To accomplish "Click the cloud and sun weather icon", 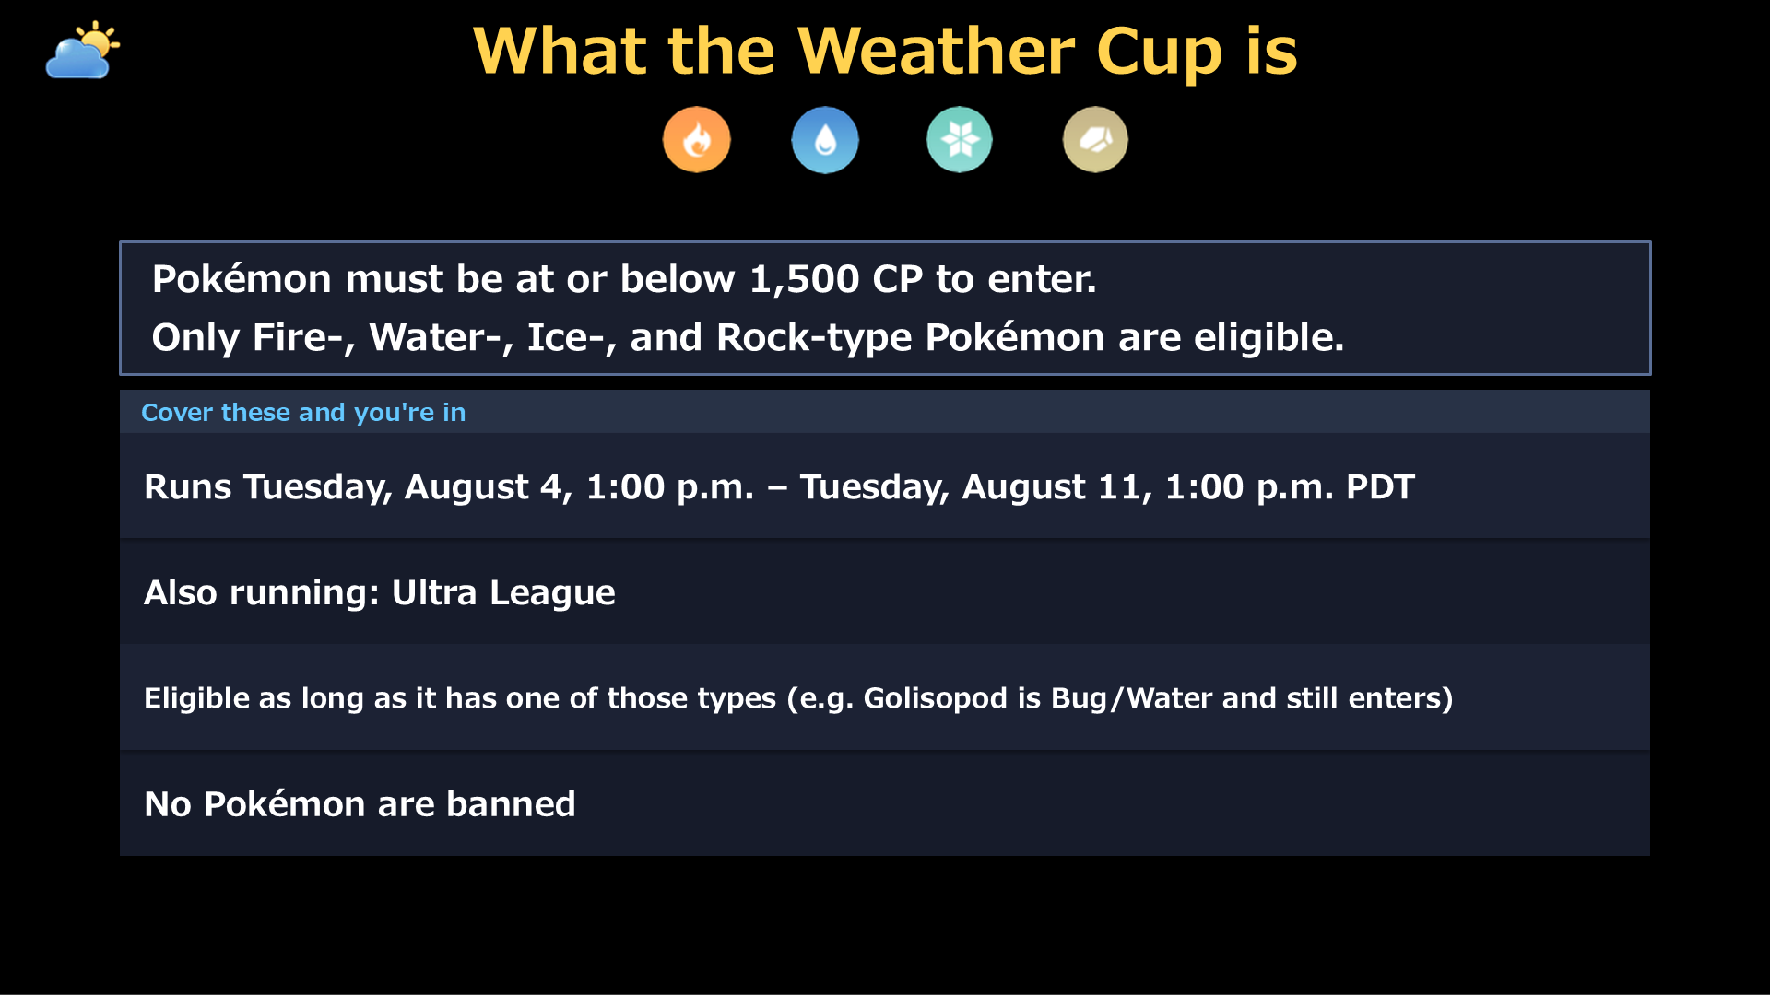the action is click(x=83, y=50).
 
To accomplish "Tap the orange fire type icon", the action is click(x=697, y=140).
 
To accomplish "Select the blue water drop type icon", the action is click(x=825, y=140).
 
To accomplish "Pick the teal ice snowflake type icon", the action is click(x=960, y=140).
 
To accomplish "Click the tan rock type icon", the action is click(x=1095, y=140).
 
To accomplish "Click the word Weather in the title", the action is click(x=937, y=51).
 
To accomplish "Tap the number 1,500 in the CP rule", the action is click(x=805, y=279).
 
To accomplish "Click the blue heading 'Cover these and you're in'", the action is click(x=303, y=412).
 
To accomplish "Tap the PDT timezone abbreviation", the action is click(x=1380, y=486).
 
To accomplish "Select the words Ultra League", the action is click(x=503, y=592).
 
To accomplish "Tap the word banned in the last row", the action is click(x=511, y=804).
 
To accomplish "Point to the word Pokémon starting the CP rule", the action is click(x=242, y=279).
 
